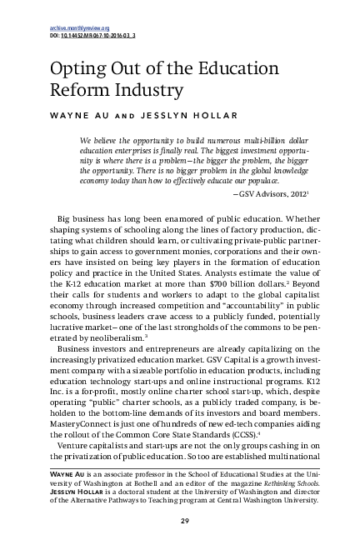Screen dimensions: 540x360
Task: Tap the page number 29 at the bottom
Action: (x=180, y=522)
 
